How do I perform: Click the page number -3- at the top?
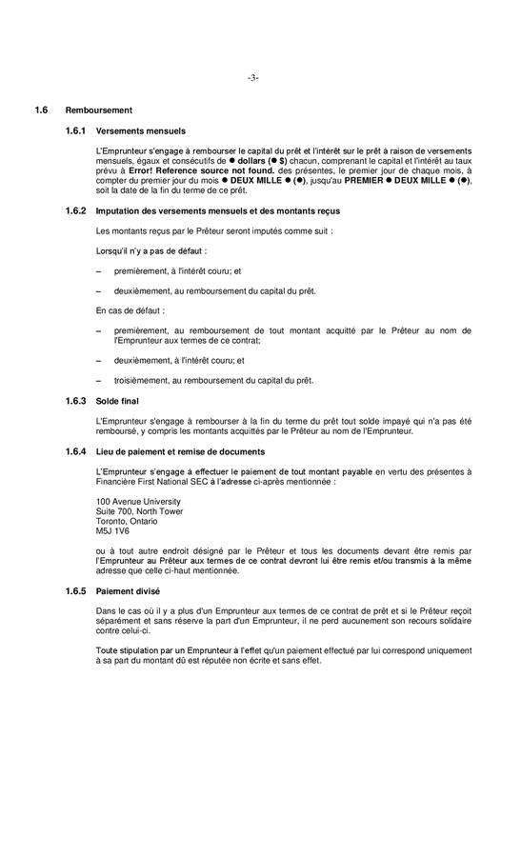pyautogui.click(x=252, y=77)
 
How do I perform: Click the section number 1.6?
pyautogui.click(x=41, y=110)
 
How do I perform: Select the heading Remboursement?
pyautogui.click(x=92, y=110)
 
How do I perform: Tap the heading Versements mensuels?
pyautogui.click(x=141, y=130)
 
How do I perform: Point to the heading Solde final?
pyautogui.click(x=117, y=401)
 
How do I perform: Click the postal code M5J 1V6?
pyautogui.click(x=113, y=530)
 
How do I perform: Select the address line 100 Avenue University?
pyautogui.click(x=138, y=501)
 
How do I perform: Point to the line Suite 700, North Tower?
pyautogui.click(x=139, y=510)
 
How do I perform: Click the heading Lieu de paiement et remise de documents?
pyautogui.click(x=180, y=450)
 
